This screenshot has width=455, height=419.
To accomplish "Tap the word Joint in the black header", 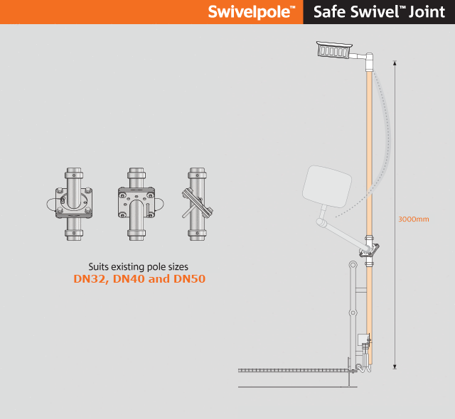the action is (427, 12).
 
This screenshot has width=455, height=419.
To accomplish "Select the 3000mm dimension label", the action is (413, 219).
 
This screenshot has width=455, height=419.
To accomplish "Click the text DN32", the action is (91, 279).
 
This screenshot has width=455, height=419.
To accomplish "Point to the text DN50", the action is (190, 279).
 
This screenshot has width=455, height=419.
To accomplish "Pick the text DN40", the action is (129, 279).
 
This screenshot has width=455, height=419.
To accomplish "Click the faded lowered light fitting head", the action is (327, 186).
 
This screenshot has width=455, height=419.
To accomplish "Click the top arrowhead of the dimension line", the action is (395, 62).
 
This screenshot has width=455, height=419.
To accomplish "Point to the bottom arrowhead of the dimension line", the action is (395, 367).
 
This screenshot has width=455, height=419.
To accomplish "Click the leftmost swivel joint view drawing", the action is (71, 204).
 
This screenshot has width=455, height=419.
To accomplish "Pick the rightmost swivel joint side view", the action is (198, 204).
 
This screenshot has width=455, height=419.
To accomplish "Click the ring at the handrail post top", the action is (353, 265).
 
